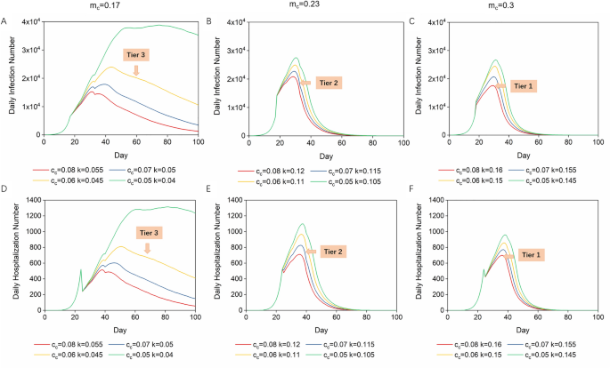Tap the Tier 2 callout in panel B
[x=327, y=83]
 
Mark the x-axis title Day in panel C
[x=516, y=152]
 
